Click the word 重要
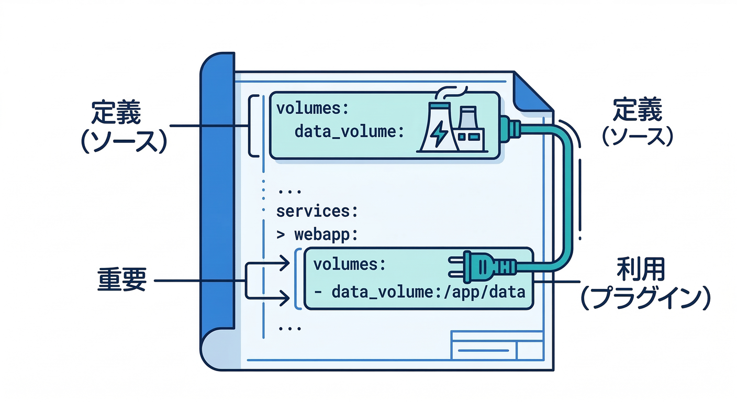[121, 281]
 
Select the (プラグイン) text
[645, 298]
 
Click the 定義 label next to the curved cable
[637, 111]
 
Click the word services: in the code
[317, 211]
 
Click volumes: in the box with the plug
[349, 264]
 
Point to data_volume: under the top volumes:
[349, 131]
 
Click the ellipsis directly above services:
[287, 190]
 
